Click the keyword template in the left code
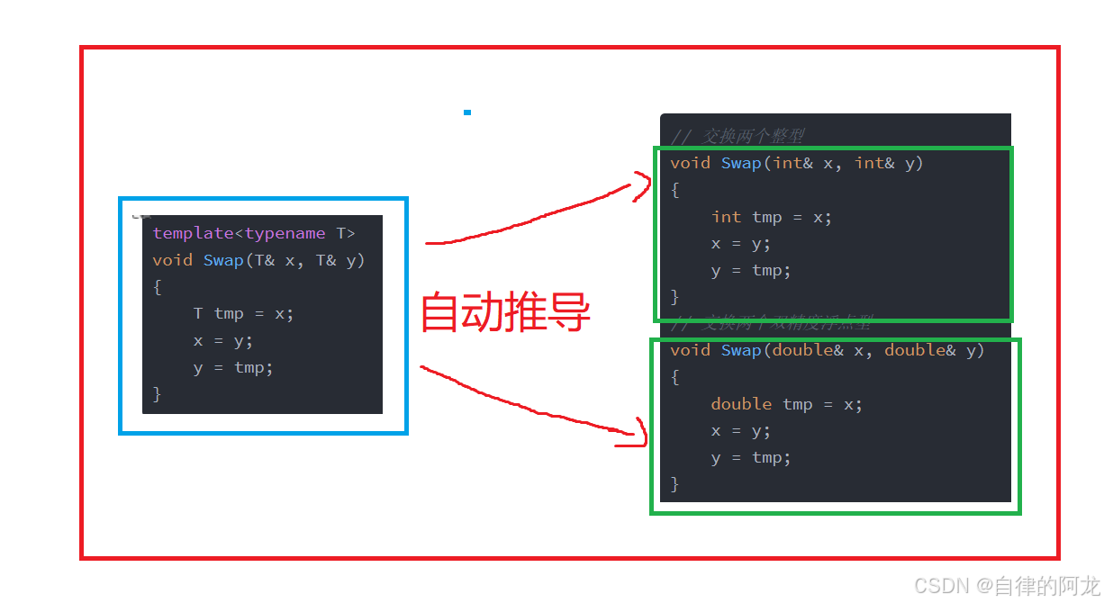194,233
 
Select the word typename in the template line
285,233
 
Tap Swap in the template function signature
223,260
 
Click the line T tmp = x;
243,313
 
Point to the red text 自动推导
505,312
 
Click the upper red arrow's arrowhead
642,187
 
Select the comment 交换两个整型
753,136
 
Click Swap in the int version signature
741,163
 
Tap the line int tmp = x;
771,217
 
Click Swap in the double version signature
741,350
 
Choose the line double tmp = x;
786,404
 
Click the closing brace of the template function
158,393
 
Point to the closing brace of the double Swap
675,484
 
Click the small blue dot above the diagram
467,112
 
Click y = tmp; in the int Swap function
751,270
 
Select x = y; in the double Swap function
740,430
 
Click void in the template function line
173,260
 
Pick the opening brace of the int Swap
675,190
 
